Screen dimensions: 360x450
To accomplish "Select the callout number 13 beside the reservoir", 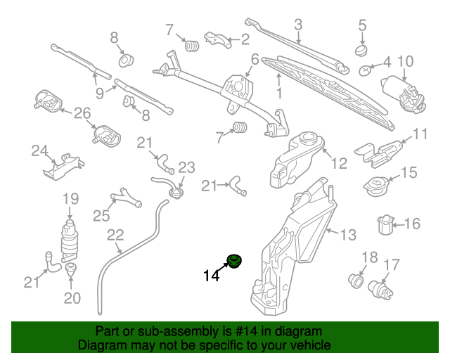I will click(349, 234).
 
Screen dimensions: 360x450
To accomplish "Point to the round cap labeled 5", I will click(361, 50).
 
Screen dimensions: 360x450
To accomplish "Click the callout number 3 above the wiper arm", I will click(298, 25).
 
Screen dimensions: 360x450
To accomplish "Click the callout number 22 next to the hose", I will click(115, 235).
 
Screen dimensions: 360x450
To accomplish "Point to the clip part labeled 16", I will click(386, 224).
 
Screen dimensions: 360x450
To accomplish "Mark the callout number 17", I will click(391, 265).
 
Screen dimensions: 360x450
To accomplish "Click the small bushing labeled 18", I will click(356, 281).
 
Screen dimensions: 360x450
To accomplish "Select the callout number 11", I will click(420, 134).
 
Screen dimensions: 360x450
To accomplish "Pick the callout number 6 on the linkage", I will click(255, 60).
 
